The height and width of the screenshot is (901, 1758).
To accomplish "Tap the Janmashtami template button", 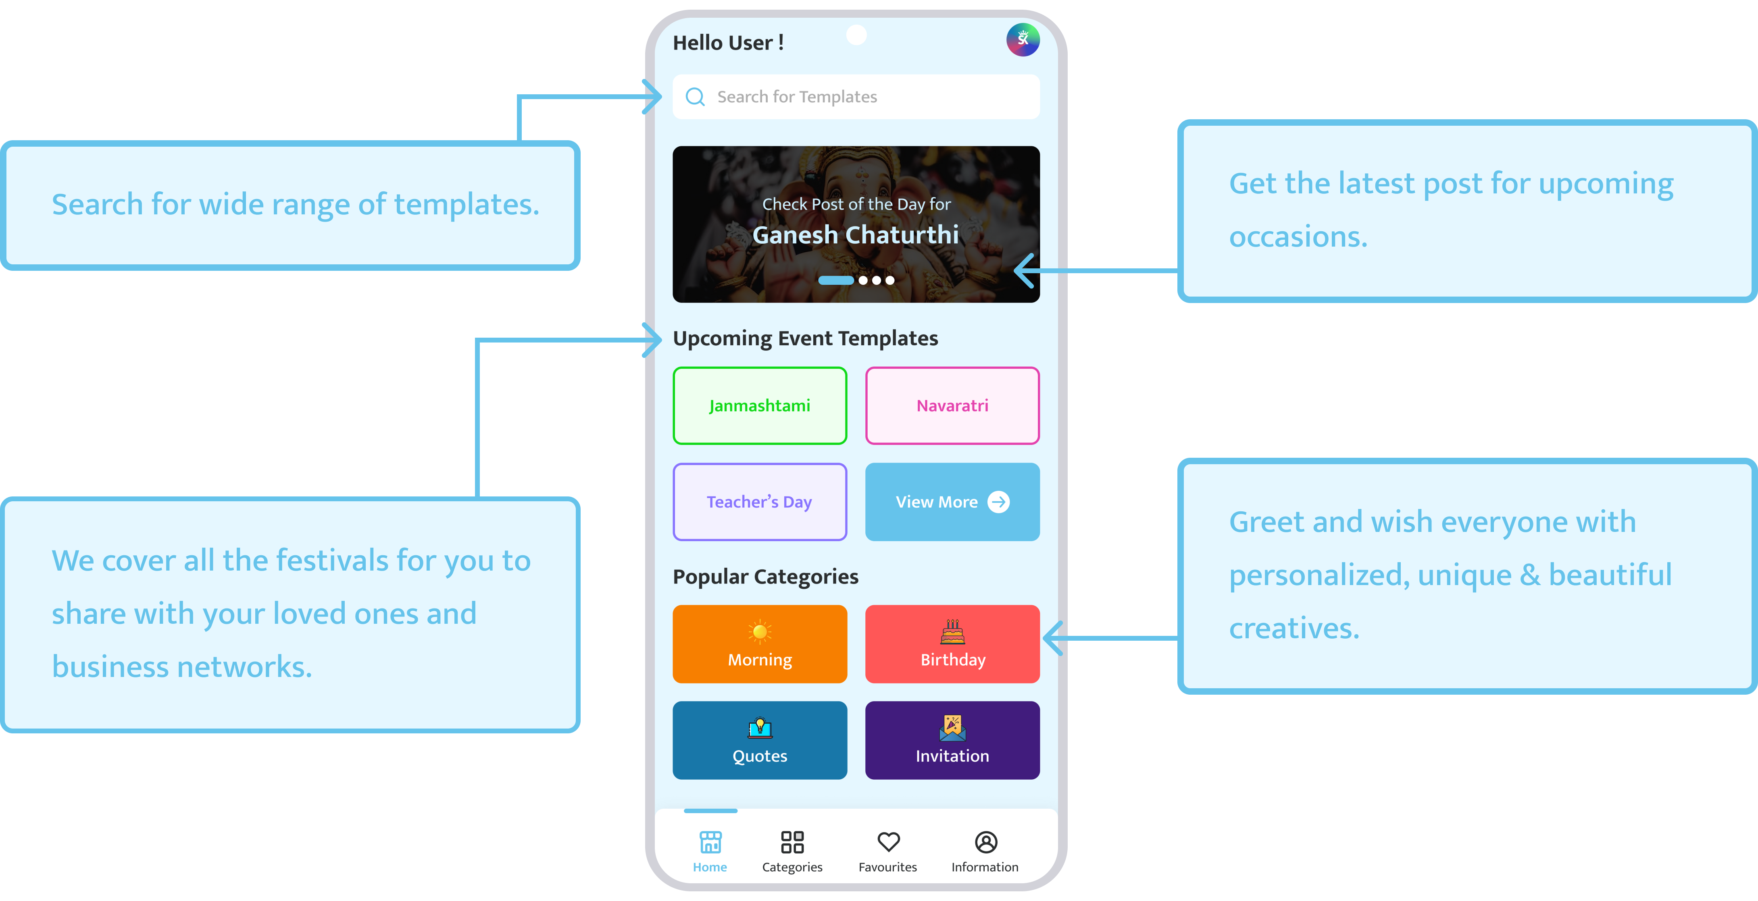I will [x=760, y=406].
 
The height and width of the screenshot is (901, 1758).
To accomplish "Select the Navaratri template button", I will [x=952, y=406].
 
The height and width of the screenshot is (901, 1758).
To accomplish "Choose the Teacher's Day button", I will [x=760, y=502].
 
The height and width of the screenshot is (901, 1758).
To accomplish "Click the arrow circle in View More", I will [x=998, y=502].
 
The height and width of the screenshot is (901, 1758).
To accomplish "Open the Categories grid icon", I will [x=792, y=842].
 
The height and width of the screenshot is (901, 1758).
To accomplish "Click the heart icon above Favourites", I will [x=888, y=842].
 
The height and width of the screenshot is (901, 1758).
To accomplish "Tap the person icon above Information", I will [x=985, y=842].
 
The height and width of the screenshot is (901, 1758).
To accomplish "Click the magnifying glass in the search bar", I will [x=695, y=97].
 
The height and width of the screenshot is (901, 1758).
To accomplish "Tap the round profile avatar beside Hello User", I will [x=1022, y=39].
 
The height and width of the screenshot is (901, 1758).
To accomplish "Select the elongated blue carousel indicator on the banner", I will [x=836, y=280].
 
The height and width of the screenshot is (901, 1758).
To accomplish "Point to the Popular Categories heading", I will [x=765, y=577].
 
